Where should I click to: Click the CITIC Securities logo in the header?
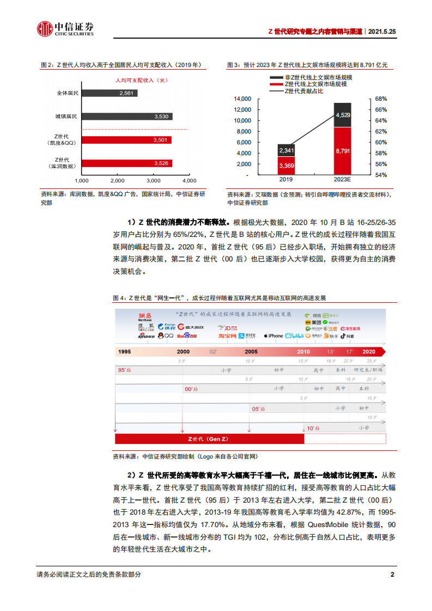(x=65, y=28)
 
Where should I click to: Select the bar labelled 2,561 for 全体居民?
(x=109, y=93)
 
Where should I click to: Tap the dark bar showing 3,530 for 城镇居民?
(x=127, y=117)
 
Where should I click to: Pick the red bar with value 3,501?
(x=126, y=140)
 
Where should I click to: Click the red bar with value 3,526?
(x=127, y=163)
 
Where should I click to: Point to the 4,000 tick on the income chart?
(x=189, y=180)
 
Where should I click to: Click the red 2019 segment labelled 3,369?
(x=286, y=166)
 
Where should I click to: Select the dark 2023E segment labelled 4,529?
(x=343, y=115)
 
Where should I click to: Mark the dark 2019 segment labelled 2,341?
(x=286, y=150)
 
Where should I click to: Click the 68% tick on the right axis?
(x=381, y=99)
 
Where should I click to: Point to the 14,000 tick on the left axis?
(x=242, y=99)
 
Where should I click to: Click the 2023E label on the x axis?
(x=343, y=179)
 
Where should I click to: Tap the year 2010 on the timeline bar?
(x=303, y=351)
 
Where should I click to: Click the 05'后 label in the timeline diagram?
(x=258, y=408)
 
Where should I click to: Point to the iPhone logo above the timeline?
(x=273, y=336)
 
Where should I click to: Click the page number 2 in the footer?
(x=392, y=575)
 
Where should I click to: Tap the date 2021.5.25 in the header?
(x=381, y=32)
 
